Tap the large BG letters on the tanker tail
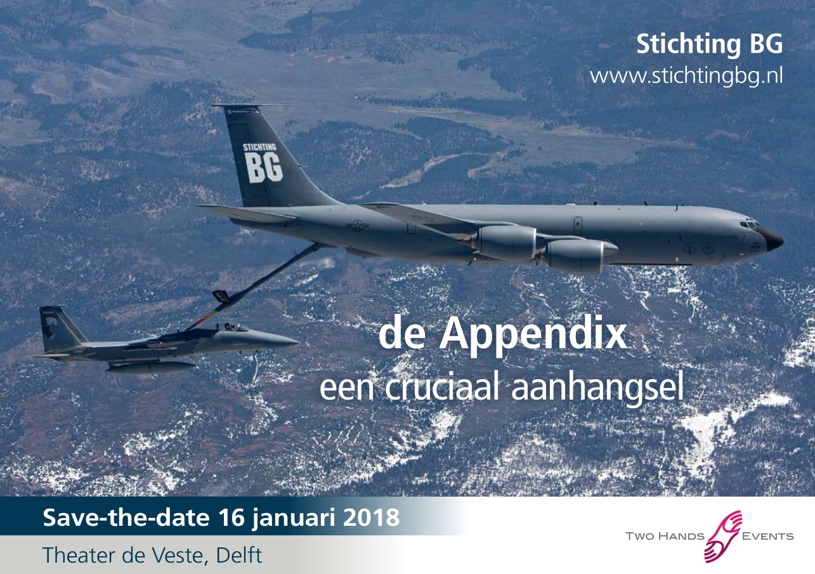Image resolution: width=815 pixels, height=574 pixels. pyautogui.click(x=263, y=167)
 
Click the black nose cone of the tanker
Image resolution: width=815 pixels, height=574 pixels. pyautogui.click(x=774, y=240)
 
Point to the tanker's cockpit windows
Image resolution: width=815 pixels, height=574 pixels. pyautogui.click(x=749, y=224)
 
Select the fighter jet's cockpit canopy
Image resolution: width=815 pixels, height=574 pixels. pyautogui.click(x=233, y=327)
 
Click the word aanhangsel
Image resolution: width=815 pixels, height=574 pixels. pyautogui.click(x=597, y=390)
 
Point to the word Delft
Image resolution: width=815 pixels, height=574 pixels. pyautogui.click(x=238, y=555)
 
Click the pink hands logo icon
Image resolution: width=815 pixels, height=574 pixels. pyautogui.click(x=722, y=537)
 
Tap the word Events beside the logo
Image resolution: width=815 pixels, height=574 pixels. pyautogui.click(x=767, y=536)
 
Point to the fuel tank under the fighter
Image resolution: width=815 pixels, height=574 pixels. pyautogui.click(x=151, y=367)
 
